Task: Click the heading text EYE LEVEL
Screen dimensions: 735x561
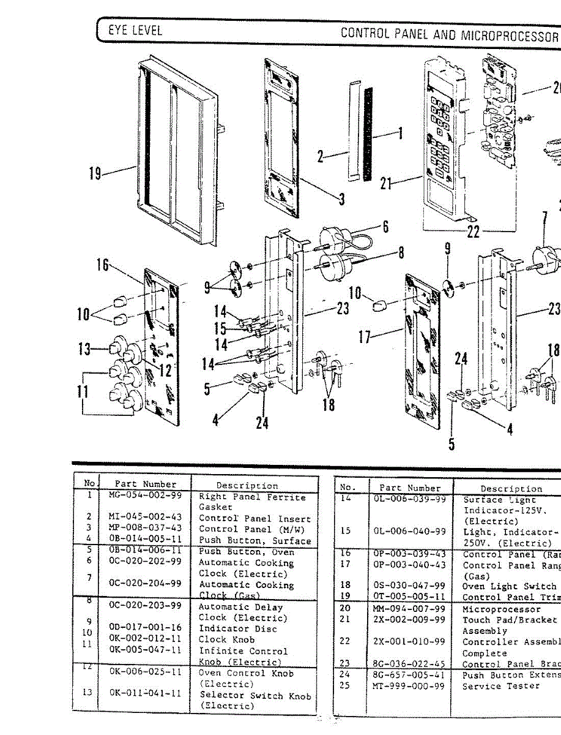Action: coord(135,30)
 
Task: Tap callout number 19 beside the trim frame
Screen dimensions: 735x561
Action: coord(95,174)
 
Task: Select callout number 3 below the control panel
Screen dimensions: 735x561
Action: coord(341,198)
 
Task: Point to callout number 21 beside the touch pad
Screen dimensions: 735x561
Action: coord(385,183)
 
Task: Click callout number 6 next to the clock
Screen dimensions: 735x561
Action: coord(386,227)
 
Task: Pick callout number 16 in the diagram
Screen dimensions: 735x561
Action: coord(102,265)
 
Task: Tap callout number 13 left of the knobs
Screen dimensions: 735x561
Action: coord(84,349)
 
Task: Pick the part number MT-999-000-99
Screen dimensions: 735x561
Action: coord(409,685)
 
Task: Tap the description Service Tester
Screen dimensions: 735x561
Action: coord(501,685)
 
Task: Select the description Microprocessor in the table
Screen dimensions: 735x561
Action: coord(502,609)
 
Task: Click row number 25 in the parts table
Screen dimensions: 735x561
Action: coord(345,685)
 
